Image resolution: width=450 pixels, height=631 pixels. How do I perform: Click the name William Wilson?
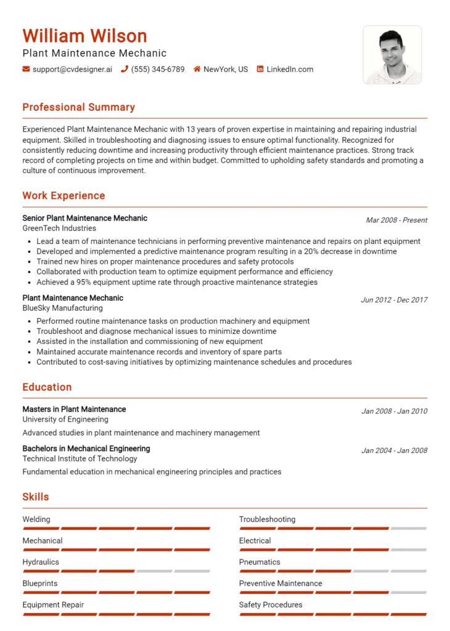click(84, 35)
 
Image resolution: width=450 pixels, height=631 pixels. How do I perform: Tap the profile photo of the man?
click(392, 55)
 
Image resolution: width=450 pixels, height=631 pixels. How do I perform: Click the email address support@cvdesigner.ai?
click(72, 70)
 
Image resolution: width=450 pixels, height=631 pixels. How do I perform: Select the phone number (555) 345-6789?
click(157, 70)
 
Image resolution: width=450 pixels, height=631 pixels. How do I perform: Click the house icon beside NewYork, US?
click(197, 70)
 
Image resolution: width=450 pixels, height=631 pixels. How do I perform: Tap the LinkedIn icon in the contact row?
click(260, 70)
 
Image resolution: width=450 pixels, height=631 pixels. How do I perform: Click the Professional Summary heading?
click(78, 107)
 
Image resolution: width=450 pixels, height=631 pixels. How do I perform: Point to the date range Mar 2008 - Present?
click(396, 220)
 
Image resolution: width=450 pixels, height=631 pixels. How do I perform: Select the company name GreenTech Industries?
click(59, 228)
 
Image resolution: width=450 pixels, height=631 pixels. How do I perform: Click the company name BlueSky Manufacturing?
click(62, 308)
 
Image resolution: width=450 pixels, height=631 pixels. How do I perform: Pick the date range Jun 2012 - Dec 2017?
click(394, 300)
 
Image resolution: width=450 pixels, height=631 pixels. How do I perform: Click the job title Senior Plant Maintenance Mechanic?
click(84, 218)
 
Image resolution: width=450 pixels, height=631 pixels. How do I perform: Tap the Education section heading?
click(47, 387)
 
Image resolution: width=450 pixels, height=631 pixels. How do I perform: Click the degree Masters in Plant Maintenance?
click(74, 409)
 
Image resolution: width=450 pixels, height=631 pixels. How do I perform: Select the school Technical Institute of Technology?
click(80, 458)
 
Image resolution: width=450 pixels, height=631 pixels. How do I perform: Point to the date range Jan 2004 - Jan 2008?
click(394, 450)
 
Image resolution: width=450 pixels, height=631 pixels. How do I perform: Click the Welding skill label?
click(36, 519)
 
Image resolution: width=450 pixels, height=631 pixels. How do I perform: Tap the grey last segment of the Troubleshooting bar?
click(408, 528)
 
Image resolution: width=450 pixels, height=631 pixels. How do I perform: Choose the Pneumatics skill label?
click(260, 562)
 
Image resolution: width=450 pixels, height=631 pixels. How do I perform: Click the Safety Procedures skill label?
click(271, 605)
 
